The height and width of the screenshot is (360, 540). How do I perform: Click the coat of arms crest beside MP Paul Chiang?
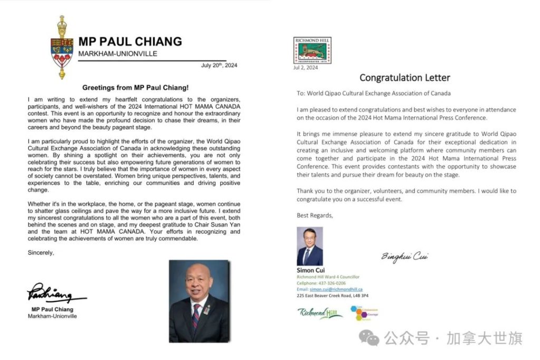coord(61,48)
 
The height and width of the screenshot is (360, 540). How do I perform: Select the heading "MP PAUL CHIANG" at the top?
coord(130,42)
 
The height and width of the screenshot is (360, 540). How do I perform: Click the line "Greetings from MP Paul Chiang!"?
coord(136,87)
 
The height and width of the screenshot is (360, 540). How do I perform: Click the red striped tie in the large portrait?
coord(196,316)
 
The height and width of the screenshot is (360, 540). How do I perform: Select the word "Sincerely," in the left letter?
coord(41,252)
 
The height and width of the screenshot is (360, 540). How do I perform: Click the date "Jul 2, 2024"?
coord(305,67)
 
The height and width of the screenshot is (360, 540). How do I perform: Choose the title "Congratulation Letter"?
coord(404,78)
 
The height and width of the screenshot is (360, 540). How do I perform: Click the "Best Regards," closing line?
coord(315,215)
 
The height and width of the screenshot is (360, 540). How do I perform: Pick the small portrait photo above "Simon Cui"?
coord(310,246)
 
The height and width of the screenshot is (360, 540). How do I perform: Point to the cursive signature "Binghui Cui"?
coord(405,257)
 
